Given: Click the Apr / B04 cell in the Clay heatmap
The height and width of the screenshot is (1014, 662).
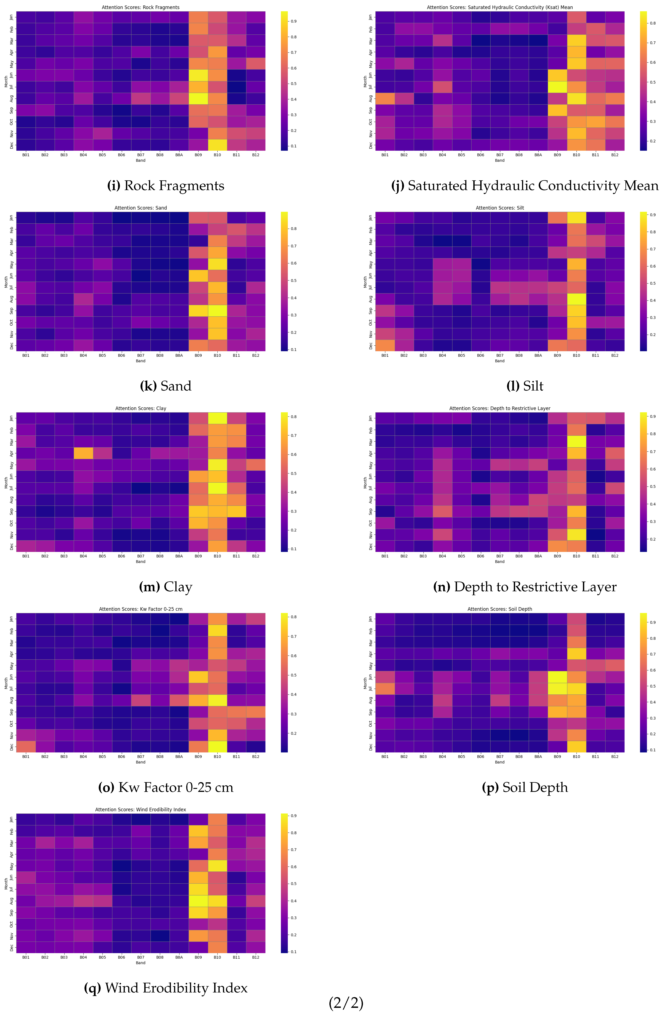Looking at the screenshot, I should (x=83, y=453).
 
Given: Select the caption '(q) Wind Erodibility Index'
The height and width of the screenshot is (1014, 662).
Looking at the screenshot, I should (x=165, y=988).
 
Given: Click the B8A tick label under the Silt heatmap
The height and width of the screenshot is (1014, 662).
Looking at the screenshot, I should (x=538, y=355).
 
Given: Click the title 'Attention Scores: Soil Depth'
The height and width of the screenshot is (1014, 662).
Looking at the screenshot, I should (x=500, y=609).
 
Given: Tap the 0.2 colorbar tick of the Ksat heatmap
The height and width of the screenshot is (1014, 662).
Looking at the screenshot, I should (x=652, y=141).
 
